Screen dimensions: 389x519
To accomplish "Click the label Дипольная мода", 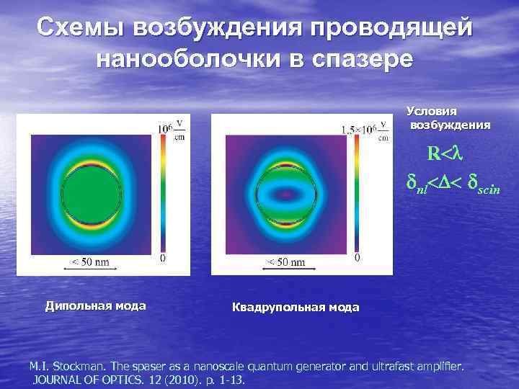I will (95, 305).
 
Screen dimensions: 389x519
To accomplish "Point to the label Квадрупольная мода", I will (296, 308).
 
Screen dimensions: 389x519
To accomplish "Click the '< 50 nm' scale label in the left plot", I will (89, 262).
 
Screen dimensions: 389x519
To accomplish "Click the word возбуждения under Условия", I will (451, 125).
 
